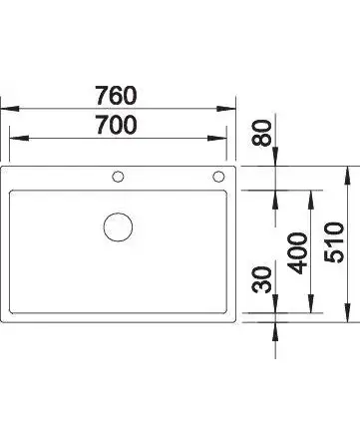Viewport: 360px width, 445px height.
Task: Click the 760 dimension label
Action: [116, 96]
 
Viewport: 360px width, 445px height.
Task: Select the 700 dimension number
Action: [116, 125]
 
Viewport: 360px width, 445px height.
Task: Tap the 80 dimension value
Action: [262, 133]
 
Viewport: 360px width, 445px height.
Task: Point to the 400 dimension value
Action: [297, 253]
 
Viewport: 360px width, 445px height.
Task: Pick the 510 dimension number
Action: [334, 242]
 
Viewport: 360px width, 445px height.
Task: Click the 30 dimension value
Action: [262, 279]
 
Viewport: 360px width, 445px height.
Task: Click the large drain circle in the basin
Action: [118, 227]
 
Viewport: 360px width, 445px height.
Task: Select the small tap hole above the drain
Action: [118, 177]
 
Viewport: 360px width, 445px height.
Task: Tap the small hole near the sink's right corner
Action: [218, 177]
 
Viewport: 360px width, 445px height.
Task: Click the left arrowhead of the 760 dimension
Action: [9, 109]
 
